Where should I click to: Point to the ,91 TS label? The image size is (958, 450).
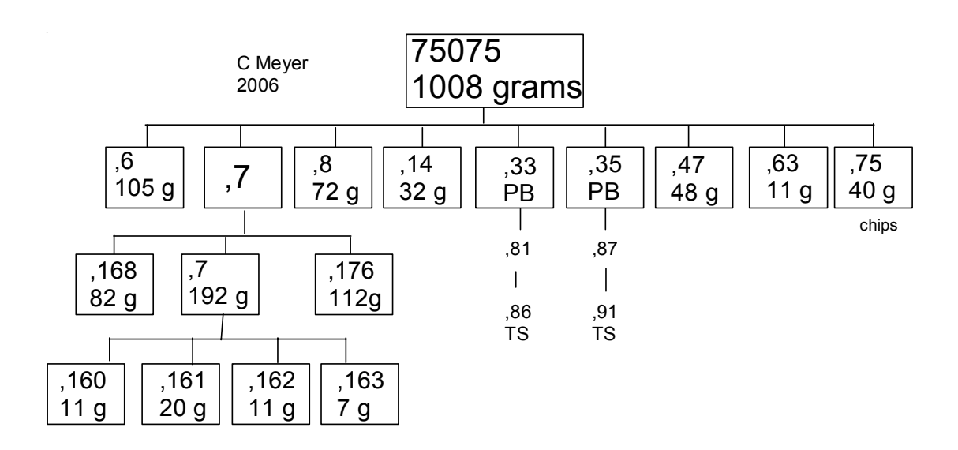point(604,326)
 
